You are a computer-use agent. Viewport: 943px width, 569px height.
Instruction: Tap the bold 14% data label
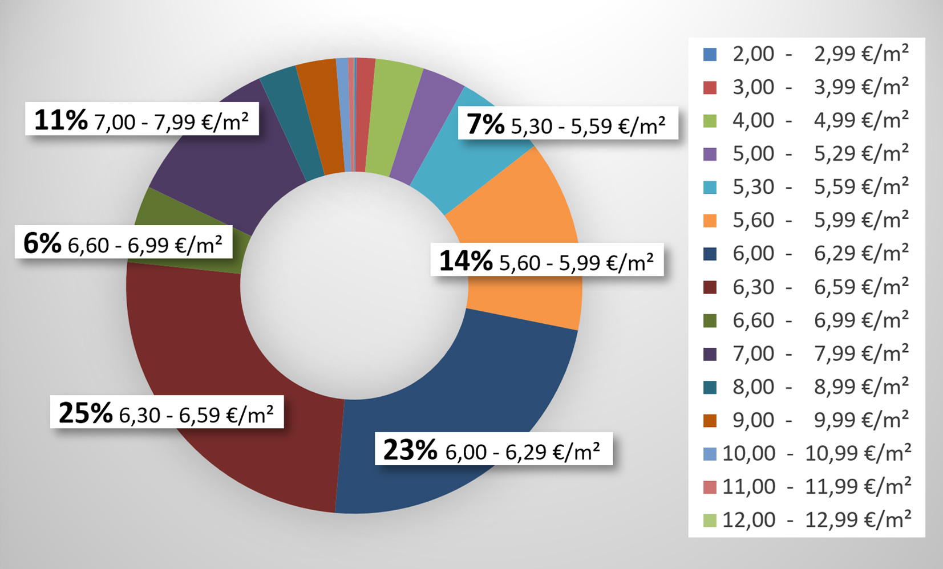point(466,261)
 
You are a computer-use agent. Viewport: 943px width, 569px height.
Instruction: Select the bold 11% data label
point(61,120)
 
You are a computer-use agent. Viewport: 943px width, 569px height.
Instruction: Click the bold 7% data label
point(485,124)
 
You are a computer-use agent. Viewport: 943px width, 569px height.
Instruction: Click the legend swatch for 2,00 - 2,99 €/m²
point(710,54)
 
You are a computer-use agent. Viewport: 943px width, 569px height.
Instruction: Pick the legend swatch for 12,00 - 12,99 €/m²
point(710,520)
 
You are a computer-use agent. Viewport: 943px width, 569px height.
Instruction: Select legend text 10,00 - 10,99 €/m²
point(816,453)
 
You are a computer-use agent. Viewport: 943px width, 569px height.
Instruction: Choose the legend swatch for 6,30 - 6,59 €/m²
point(710,287)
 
